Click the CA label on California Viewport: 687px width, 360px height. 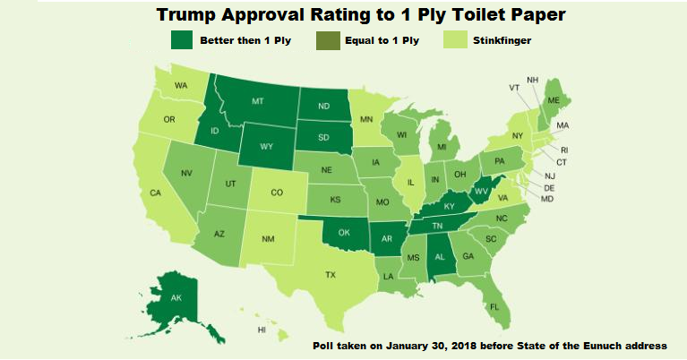coord(155,193)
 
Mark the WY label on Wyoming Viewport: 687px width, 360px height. coord(266,145)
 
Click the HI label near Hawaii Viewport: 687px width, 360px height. coord(262,330)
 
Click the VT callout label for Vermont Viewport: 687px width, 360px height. coord(514,88)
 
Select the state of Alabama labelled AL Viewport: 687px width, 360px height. coord(440,255)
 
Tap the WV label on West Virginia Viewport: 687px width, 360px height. coord(480,190)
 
